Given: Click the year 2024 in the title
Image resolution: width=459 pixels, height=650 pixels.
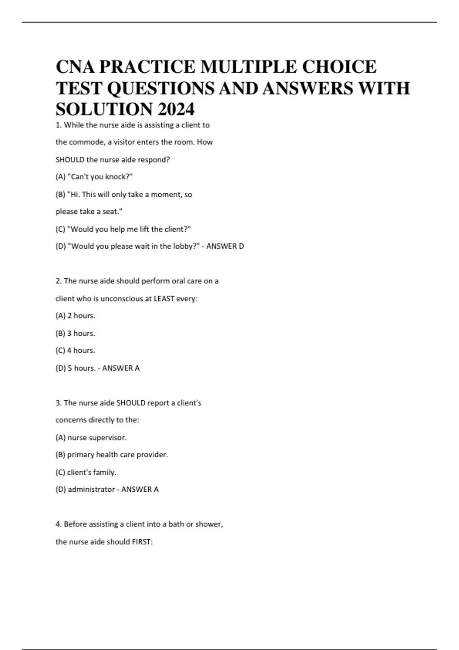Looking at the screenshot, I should click(176, 109).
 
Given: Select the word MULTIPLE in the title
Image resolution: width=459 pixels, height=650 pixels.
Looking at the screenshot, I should click(249, 67).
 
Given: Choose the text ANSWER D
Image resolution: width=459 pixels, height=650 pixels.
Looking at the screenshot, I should click(225, 246).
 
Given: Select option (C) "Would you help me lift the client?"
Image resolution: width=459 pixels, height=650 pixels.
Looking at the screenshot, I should click(123, 229).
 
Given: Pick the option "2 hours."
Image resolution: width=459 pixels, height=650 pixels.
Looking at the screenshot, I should click(75, 316).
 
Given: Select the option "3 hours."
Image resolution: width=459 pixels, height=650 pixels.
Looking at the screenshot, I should click(75, 333).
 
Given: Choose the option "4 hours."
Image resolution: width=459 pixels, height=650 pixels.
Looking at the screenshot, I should click(75, 350).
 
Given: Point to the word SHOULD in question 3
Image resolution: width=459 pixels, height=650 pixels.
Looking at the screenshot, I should click(131, 403).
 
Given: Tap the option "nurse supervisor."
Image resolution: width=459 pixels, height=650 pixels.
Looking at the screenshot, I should click(91, 437).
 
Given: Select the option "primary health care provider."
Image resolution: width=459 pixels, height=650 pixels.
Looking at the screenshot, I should click(112, 455).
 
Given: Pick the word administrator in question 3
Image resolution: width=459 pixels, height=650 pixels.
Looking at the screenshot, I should click(91, 489).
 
